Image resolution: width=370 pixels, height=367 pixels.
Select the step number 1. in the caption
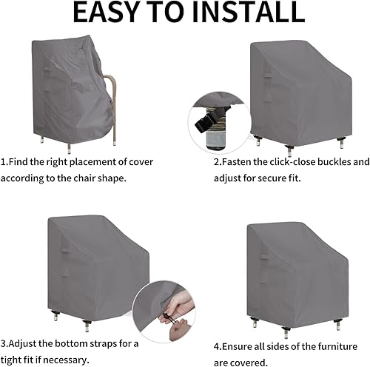(x=5, y=161)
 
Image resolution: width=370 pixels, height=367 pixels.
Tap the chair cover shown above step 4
(x=297, y=269)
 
